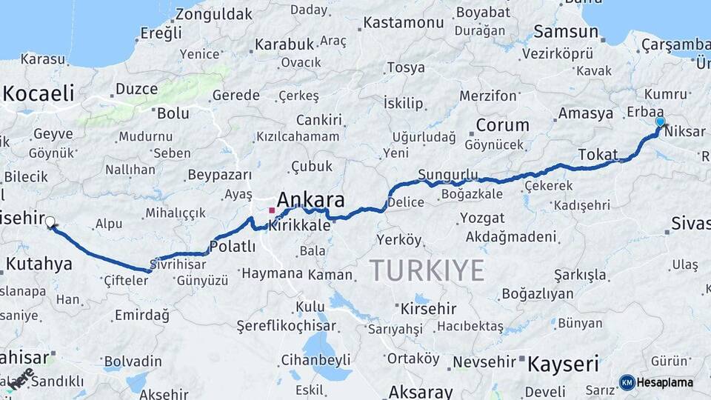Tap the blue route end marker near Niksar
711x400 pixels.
click(660, 121)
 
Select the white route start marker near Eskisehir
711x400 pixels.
click(50, 221)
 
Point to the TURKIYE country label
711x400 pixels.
click(427, 271)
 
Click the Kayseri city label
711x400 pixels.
click(563, 364)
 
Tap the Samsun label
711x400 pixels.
click(566, 32)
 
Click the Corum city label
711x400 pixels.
click(502, 125)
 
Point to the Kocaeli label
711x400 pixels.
click(39, 93)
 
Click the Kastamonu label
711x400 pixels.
click(404, 22)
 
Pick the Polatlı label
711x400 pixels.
click(233, 247)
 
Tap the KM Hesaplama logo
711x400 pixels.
click(656, 382)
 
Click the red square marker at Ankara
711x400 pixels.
click(272, 210)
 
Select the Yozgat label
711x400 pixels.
click(482, 219)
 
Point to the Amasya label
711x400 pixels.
click(585, 113)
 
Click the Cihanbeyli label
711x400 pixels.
click(316, 360)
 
